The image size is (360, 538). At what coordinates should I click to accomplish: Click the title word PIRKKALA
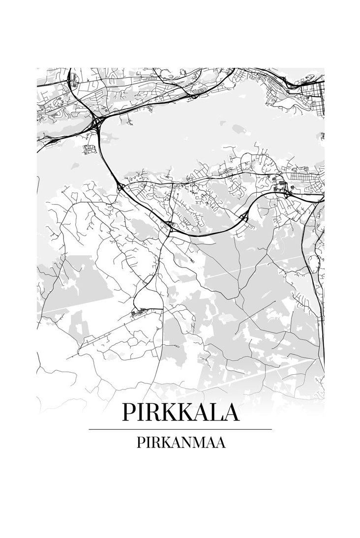(180, 412)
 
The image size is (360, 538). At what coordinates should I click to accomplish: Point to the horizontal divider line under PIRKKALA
(180, 429)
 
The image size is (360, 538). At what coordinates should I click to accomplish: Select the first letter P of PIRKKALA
(129, 412)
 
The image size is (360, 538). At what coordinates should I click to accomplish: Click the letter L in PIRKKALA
(215, 412)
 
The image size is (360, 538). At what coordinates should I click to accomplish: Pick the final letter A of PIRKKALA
(231, 412)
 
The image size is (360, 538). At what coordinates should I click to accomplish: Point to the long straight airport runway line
(113, 329)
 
